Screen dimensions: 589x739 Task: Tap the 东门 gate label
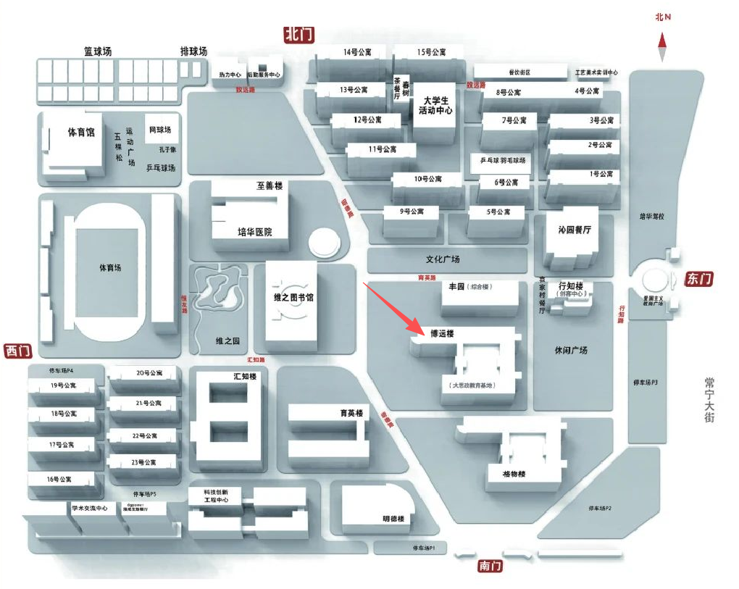[698, 279]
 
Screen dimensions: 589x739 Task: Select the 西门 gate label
[18, 351]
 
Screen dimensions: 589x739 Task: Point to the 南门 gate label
[490, 566]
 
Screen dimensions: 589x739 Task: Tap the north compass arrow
[662, 49]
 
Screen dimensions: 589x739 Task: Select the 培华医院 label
[254, 232]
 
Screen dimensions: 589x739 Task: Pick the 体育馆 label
[81, 133]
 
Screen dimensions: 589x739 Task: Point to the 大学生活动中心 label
[435, 106]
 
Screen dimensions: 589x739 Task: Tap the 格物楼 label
[513, 475]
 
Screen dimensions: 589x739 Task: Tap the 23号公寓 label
[144, 462]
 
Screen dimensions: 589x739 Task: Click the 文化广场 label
[443, 259]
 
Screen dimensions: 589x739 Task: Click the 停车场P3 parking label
[646, 382]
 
